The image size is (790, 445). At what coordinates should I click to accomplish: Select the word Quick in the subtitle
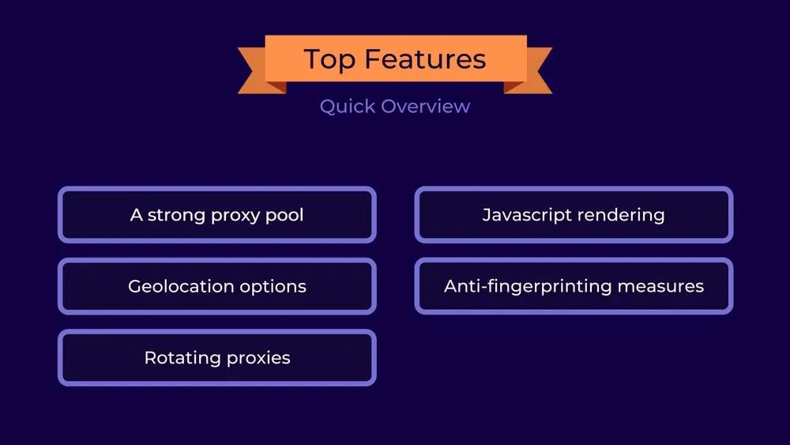point(348,106)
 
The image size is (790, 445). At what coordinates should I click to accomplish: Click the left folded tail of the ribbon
point(253,71)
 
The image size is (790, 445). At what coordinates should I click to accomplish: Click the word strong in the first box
point(175,215)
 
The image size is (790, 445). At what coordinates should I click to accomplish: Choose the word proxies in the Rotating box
point(258,359)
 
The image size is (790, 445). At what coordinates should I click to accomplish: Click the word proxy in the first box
point(235,216)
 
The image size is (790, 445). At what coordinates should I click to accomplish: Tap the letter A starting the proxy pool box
point(136,214)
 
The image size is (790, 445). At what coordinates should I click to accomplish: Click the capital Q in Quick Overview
point(327,106)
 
